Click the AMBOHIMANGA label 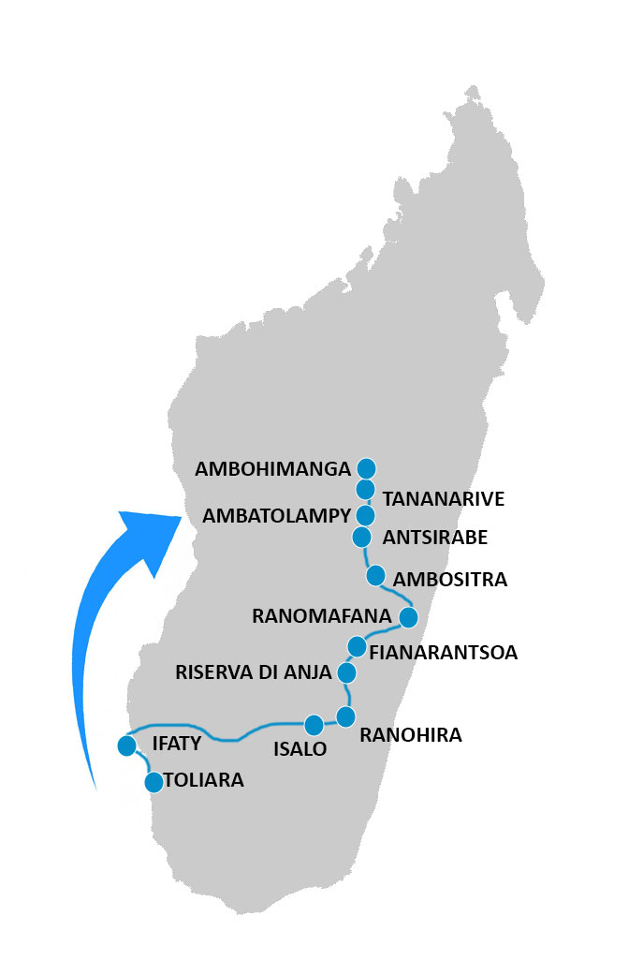point(271,469)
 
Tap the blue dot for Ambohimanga point(366,467)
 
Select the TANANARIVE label point(444,499)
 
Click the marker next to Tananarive point(366,489)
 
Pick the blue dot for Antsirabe point(362,537)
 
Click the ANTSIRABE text point(435,539)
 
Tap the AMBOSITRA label point(450,580)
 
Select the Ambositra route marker point(375,574)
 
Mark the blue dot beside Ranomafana point(408,617)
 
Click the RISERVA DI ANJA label point(254,672)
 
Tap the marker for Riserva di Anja point(346,672)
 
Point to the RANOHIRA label point(411,735)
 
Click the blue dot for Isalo point(314,725)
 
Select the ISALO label point(300,749)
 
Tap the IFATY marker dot point(126,745)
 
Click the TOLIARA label point(203,780)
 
